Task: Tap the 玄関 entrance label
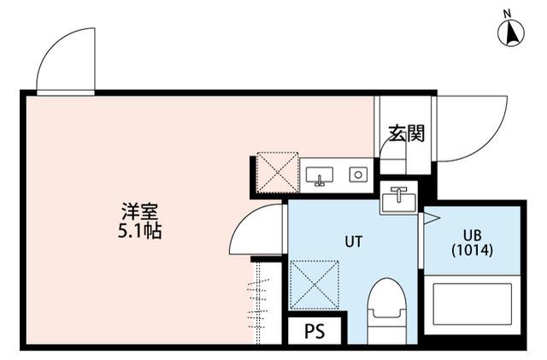407,133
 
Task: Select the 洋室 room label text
140,211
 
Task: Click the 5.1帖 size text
139,231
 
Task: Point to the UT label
354,241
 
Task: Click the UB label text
473,235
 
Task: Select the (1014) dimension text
472,251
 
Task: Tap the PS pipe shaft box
315,331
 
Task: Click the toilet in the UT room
387,310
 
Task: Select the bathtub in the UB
473,304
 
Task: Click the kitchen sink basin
319,175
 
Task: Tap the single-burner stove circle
358,174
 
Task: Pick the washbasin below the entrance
399,199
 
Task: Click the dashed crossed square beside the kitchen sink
277,172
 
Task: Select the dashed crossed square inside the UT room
315,285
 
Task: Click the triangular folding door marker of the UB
431,219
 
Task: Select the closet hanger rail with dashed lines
258,303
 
